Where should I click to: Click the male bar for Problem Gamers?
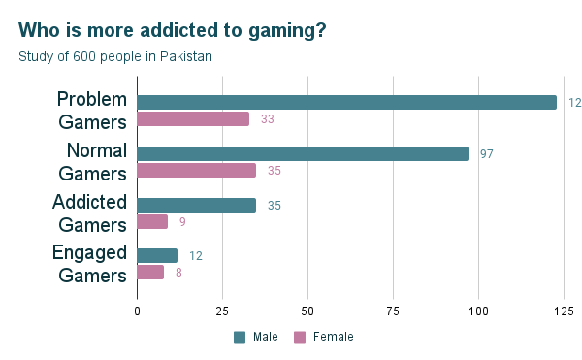tap(346, 103)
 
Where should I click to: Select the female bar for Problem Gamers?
tap(193, 119)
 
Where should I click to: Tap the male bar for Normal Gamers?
tap(303, 153)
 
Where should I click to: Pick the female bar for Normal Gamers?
tap(196, 171)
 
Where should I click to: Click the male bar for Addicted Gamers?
tap(196, 205)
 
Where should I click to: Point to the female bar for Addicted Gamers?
tap(152, 221)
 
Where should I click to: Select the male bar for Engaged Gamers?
tap(157, 256)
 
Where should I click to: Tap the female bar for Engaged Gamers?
tap(150, 273)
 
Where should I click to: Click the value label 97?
tap(487, 154)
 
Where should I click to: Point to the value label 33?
tap(268, 119)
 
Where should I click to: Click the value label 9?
tap(182, 222)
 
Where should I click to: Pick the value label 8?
tap(178, 273)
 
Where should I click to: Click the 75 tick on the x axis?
tap(393, 311)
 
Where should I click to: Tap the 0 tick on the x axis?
tap(137, 311)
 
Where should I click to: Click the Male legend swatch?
tap(240, 337)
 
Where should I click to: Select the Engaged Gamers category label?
tap(92, 264)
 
